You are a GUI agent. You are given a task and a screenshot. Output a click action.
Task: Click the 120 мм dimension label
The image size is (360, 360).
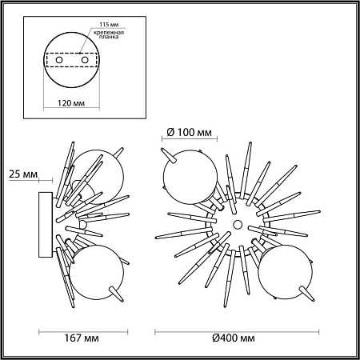(71, 103)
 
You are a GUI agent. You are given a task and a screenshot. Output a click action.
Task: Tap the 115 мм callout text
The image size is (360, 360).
(109, 25)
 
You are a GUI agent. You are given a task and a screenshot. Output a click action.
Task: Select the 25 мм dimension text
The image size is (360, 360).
(23, 174)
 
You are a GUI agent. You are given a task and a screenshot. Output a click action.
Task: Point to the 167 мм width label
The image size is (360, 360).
(82, 338)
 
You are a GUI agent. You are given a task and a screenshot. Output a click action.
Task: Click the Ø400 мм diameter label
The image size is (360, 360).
(234, 338)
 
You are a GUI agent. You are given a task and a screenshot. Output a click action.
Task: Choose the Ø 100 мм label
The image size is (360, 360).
(190, 132)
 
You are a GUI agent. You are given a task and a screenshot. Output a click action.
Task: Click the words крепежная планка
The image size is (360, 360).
(109, 34)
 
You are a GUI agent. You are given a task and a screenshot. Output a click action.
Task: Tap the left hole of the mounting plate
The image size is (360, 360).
(59, 60)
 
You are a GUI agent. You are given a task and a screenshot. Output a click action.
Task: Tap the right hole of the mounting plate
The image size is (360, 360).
(85, 60)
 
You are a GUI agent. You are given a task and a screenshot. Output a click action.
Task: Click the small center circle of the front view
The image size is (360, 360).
(237, 224)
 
